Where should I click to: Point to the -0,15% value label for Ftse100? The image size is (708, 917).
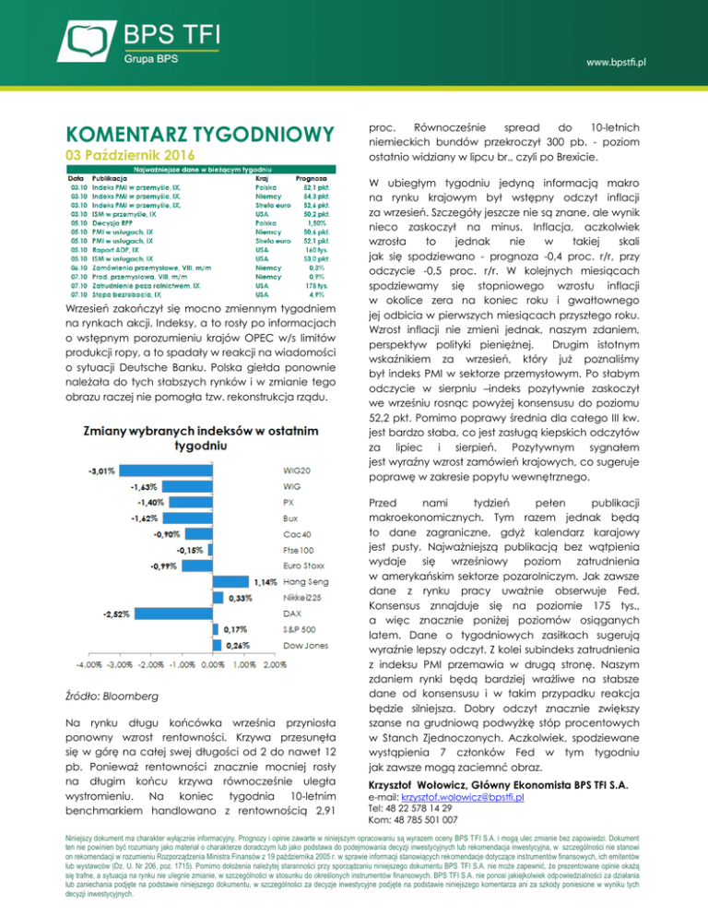click(192, 550)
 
